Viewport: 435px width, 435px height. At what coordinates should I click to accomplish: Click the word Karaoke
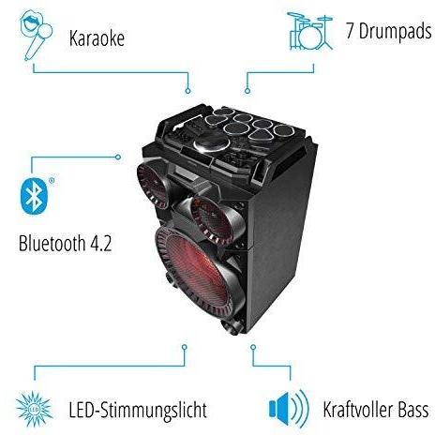pyautogui.click(x=97, y=38)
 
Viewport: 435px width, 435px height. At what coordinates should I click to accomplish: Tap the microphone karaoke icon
pyautogui.click(x=36, y=35)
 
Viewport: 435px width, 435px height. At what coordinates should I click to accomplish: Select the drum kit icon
pyautogui.click(x=309, y=31)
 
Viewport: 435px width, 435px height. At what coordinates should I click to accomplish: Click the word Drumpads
pyautogui.click(x=396, y=32)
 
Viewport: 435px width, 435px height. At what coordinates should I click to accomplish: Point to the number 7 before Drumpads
pyautogui.click(x=351, y=31)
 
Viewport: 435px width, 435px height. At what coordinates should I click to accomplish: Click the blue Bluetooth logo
pyautogui.click(x=34, y=196)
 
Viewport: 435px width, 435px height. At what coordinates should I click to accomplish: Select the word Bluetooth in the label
pyautogui.click(x=52, y=243)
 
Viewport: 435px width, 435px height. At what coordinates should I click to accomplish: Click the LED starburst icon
pyautogui.click(x=34, y=409)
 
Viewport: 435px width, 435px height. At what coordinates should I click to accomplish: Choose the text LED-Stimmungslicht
pyautogui.click(x=138, y=410)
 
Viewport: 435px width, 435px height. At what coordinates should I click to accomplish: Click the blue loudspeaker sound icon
pyautogui.click(x=289, y=408)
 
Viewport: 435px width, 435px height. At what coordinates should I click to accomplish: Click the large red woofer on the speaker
pyautogui.click(x=200, y=272)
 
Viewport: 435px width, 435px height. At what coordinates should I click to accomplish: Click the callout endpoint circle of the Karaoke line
pyautogui.click(x=187, y=91)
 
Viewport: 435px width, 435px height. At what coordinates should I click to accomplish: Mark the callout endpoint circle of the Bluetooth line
pyautogui.click(x=118, y=157)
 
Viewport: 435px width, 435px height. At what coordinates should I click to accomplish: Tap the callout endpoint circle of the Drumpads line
pyautogui.click(x=247, y=91)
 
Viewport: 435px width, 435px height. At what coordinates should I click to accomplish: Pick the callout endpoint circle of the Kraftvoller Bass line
pyautogui.click(x=253, y=347)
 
